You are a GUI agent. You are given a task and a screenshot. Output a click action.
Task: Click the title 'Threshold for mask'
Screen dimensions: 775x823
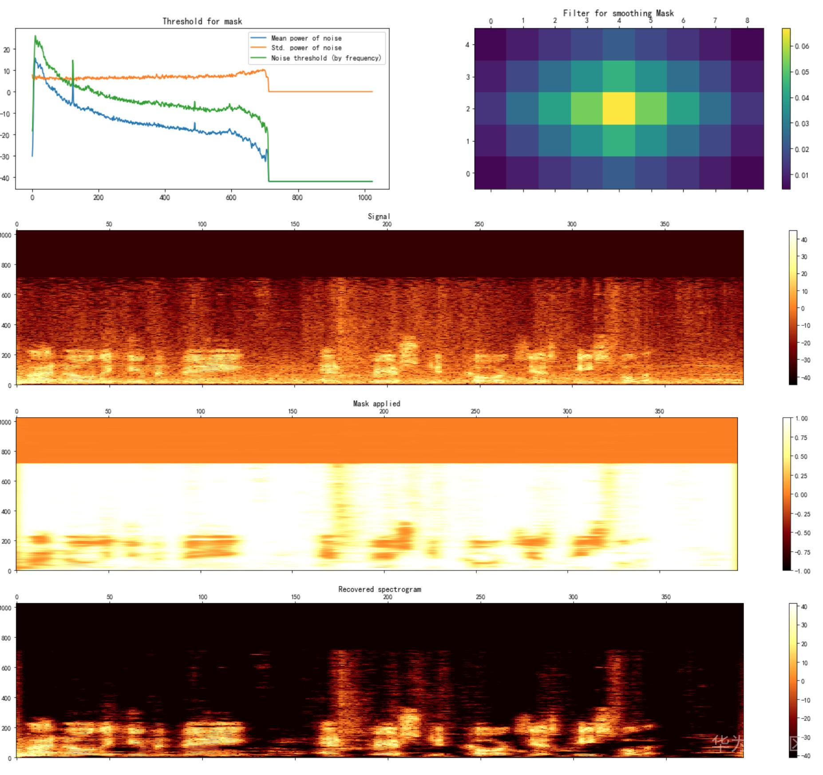pos(202,21)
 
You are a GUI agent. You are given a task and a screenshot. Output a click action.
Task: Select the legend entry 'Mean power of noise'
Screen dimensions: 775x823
pos(306,38)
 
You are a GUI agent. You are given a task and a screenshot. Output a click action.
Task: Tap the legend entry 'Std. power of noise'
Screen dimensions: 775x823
pos(306,48)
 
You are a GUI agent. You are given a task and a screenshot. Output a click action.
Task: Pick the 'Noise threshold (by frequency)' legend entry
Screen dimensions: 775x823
pos(326,58)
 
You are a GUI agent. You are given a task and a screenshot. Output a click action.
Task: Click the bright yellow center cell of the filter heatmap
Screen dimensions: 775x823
pos(619,109)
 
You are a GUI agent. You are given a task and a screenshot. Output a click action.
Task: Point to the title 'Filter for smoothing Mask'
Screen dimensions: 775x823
pos(618,13)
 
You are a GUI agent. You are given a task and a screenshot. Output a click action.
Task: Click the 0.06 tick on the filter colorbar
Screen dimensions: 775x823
pos(802,46)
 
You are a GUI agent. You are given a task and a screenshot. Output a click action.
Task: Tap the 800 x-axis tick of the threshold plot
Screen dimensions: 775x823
pos(297,198)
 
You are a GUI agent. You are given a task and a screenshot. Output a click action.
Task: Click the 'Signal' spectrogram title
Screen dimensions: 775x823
pos(379,216)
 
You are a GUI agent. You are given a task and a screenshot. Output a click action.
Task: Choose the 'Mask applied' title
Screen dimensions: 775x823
pos(376,403)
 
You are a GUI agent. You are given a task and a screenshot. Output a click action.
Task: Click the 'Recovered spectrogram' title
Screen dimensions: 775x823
pos(380,589)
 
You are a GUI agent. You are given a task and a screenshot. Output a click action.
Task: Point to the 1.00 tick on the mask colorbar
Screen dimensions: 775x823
pos(801,419)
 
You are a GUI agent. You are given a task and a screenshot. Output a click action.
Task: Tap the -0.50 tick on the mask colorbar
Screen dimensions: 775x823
pos(801,533)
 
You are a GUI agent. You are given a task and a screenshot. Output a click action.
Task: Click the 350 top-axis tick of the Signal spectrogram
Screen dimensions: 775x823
pos(664,224)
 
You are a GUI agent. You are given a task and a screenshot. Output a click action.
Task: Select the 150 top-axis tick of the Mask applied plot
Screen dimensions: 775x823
pos(292,411)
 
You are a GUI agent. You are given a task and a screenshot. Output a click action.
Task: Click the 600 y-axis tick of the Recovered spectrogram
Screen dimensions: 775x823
pos(6,668)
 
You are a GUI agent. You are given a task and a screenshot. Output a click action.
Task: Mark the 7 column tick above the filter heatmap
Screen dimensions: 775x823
pos(715,20)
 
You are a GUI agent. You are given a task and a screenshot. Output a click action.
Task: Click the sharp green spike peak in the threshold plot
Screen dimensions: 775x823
pos(73,61)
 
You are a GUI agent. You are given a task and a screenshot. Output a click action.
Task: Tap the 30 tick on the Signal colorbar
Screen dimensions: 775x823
pos(804,257)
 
